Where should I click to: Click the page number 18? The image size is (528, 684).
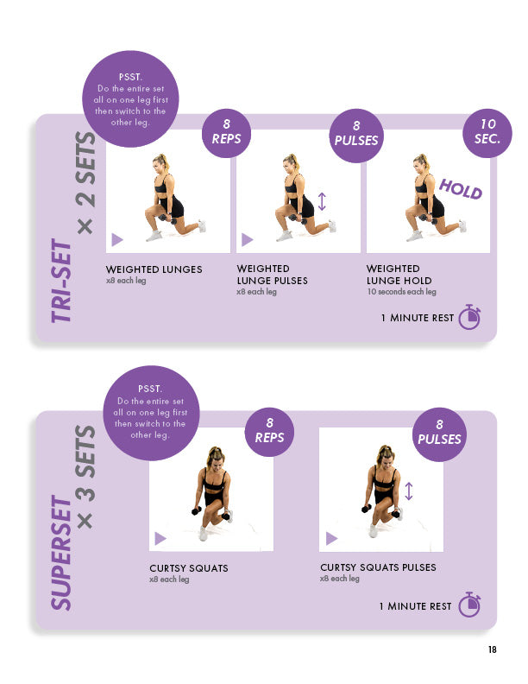click(492, 649)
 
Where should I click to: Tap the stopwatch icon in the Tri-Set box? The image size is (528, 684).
click(469, 317)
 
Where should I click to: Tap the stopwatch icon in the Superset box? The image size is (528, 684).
click(469, 605)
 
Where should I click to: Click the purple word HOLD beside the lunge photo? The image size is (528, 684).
click(460, 189)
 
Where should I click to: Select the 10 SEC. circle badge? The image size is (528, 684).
click(487, 133)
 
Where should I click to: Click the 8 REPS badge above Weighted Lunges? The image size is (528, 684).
click(227, 133)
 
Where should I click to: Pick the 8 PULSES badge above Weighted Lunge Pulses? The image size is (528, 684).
click(356, 136)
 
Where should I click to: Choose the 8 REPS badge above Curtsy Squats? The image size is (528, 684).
click(269, 432)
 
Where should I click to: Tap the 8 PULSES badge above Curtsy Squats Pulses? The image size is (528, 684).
click(439, 434)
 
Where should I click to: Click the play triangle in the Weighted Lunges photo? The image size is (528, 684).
click(116, 239)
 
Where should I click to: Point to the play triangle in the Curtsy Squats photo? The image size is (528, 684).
click(160, 538)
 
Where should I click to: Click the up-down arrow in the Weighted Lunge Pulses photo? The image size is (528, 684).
click(322, 201)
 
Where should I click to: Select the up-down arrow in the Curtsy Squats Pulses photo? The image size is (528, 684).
click(408, 491)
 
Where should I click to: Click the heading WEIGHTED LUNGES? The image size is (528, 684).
click(154, 269)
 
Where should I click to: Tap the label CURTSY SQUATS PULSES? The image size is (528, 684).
click(378, 567)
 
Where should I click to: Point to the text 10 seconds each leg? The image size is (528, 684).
click(401, 291)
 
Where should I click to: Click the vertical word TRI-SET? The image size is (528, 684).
click(61, 281)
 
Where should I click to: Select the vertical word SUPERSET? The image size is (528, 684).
click(61, 552)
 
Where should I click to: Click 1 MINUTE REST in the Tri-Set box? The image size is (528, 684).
click(418, 318)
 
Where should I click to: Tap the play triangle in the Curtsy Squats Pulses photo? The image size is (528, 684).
click(331, 538)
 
